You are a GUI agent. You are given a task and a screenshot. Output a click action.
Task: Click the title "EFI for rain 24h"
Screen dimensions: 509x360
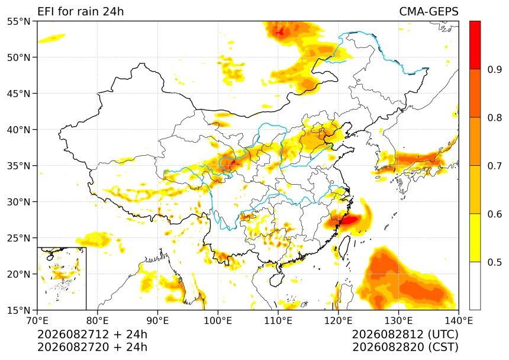click(x=80, y=11)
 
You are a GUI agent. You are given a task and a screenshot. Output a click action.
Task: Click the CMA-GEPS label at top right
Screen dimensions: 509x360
click(x=429, y=11)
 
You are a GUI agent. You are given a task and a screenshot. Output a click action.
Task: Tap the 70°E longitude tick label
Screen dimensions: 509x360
click(x=37, y=321)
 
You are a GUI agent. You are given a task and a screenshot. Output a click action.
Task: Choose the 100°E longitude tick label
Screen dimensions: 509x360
click(x=218, y=321)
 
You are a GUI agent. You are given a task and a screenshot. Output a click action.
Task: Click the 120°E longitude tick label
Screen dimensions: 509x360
click(x=339, y=321)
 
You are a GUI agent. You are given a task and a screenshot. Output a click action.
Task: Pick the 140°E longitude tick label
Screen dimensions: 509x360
click(x=458, y=321)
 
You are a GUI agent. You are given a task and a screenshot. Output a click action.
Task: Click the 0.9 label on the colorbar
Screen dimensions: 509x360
click(x=495, y=69)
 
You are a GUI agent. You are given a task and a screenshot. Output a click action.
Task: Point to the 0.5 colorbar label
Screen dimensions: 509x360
click(x=495, y=262)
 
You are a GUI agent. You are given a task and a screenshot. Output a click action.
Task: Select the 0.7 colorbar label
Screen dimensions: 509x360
click(x=495, y=166)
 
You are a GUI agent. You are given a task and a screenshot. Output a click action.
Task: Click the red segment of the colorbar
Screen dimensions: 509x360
click(x=475, y=45)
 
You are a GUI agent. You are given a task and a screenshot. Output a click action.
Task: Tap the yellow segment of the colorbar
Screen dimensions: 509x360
click(x=475, y=237)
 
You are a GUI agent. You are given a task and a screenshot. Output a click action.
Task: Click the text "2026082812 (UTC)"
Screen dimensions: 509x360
click(x=405, y=334)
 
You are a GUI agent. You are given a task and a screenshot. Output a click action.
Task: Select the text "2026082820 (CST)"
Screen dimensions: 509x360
click(x=405, y=347)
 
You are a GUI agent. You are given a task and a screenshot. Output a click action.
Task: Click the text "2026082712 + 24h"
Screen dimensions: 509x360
click(x=92, y=334)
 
